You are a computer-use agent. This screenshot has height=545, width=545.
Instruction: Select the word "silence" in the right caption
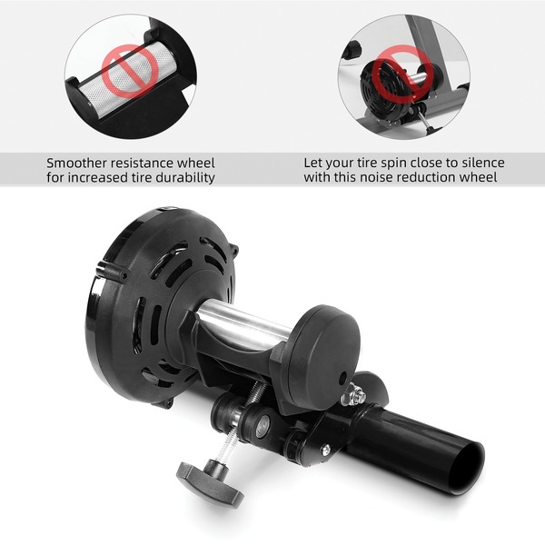[x=483, y=163]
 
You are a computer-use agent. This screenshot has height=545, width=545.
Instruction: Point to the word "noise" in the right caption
[x=375, y=177]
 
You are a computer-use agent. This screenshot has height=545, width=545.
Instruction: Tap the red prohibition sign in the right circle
[x=403, y=73]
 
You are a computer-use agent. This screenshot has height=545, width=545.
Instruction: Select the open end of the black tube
[x=467, y=467]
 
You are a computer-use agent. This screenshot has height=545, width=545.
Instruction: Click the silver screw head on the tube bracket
[x=325, y=450]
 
